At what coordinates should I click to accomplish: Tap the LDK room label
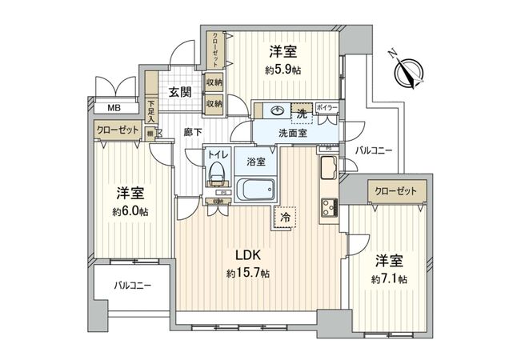(x=247, y=256)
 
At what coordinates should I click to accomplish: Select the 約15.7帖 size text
(x=247, y=273)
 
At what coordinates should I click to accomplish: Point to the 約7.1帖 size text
(x=391, y=278)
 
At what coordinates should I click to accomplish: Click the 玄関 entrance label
(x=179, y=92)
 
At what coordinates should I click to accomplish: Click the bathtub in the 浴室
(x=256, y=192)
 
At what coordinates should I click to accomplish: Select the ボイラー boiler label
(x=327, y=107)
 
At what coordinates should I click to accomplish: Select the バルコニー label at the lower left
(x=132, y=284)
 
